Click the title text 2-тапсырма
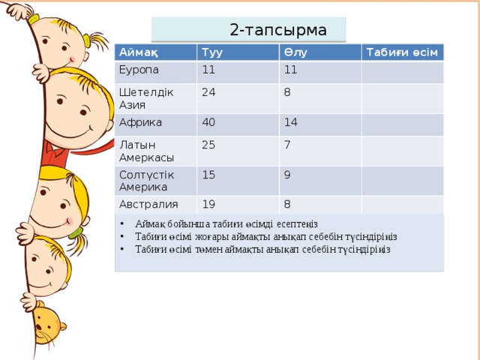[x=277, y=31]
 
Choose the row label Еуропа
[x=139, y=70]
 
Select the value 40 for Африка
[x=210, y=122]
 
